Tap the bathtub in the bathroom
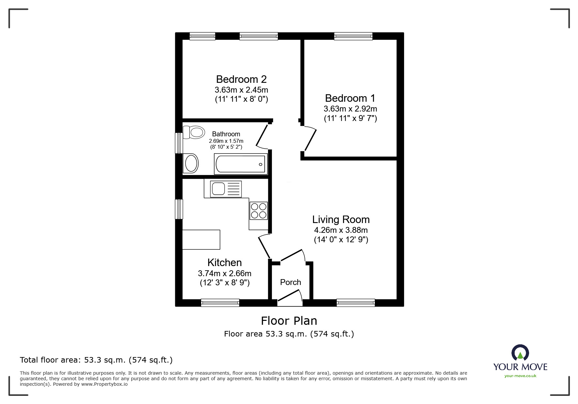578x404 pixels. [241, 164]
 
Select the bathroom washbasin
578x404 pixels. [191, 163]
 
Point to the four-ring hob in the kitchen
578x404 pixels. [258, 211]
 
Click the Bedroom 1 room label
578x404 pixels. [350, 98]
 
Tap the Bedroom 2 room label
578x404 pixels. [241, 79]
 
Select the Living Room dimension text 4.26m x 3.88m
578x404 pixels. [341, 230]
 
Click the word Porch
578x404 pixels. [290, 282]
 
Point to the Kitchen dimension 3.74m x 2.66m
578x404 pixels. [225, 273]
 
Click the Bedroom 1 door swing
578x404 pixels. [310, 139]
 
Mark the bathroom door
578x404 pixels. [262, 136]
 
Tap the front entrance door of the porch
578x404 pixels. [290, 298]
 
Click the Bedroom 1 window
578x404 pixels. [353, 36]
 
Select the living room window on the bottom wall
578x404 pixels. [355, 303]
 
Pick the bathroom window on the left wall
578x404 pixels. [179, 143]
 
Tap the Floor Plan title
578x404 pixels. [289, 321]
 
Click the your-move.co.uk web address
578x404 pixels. [520, 376]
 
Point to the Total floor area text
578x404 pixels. [96, 360]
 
